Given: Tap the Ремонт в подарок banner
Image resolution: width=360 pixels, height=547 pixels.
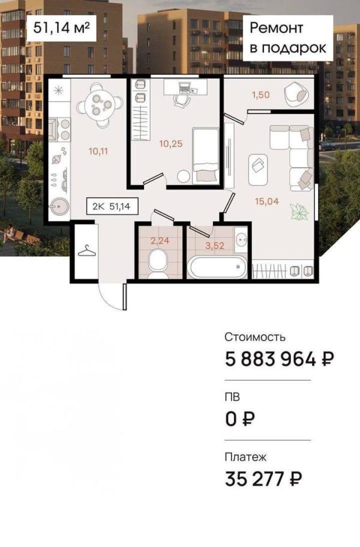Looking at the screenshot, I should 288,38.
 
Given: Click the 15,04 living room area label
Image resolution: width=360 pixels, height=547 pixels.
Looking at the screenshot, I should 266,201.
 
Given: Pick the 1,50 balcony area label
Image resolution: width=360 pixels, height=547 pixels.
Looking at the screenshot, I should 260,94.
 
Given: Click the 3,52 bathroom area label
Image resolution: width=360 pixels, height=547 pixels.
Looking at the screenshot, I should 214,244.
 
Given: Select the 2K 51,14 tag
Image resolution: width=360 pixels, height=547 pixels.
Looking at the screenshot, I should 112,207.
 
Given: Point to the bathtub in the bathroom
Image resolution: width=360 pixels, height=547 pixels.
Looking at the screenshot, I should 217,266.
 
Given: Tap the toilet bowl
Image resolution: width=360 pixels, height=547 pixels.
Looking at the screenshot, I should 158,262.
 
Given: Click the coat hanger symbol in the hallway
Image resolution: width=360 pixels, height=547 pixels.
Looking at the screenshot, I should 86,250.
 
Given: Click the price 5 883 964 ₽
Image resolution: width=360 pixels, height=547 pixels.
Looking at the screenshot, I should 279,359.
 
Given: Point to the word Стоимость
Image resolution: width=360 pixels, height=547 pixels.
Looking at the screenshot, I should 255,337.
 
